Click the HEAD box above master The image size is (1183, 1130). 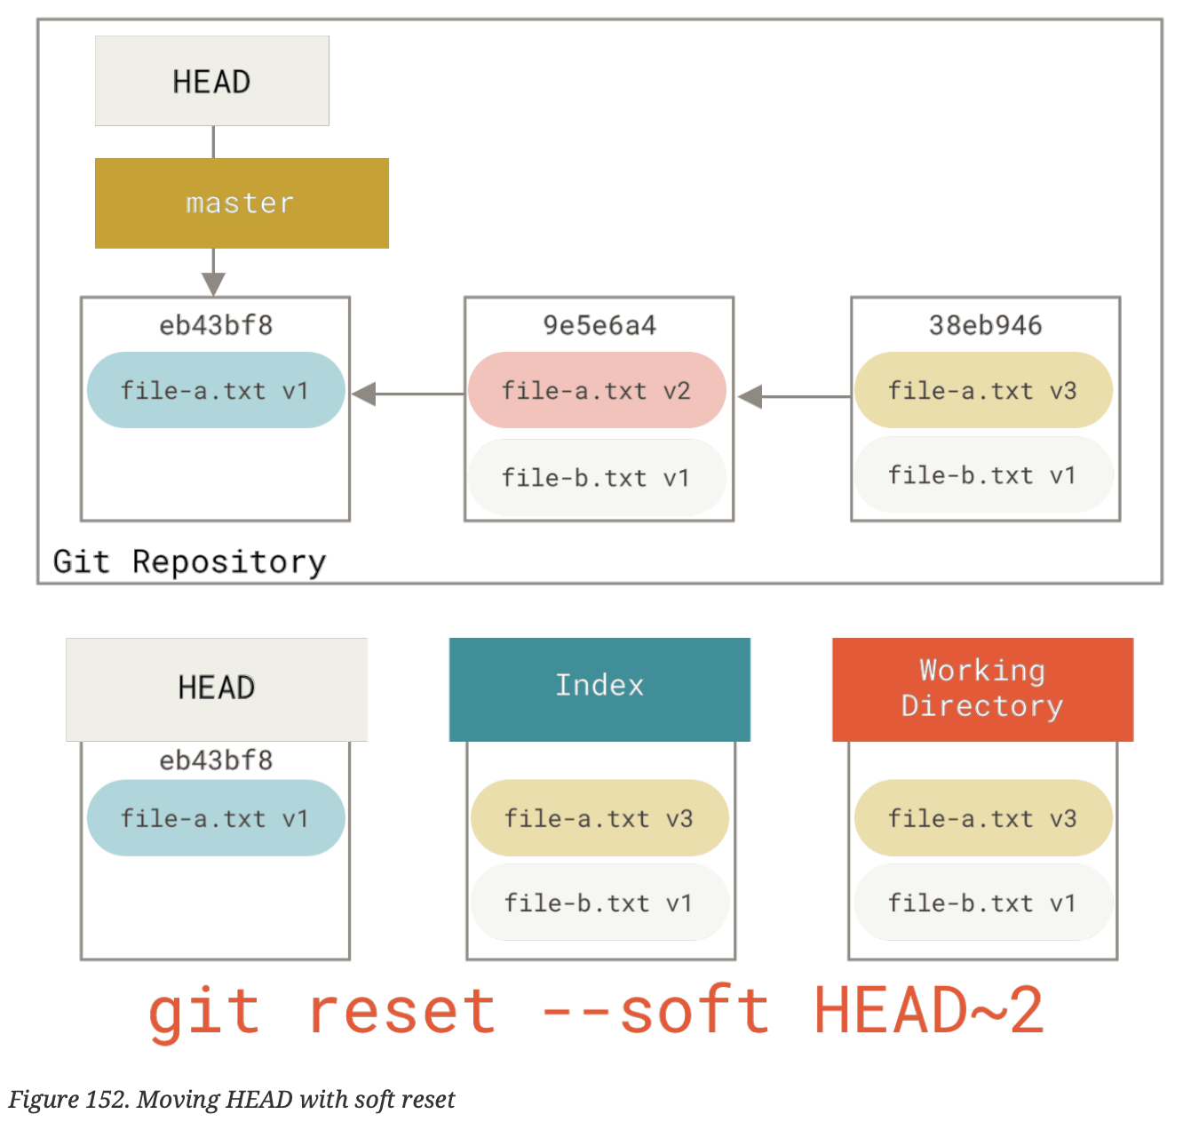(211, 81)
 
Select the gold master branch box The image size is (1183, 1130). (242, 203)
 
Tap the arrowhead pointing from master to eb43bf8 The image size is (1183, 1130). (213, 283)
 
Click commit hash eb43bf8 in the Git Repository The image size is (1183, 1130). (216, 325)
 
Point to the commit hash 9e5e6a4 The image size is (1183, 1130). (599, 325)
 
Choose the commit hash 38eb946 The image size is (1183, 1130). (985, 325)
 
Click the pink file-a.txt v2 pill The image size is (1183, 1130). (597, 391)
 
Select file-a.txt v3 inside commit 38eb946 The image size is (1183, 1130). (983, 391)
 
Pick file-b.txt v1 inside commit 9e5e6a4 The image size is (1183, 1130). (597, 478)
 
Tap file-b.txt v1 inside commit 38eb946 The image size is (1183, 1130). (983, 475)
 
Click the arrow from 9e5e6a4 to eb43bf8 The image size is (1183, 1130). (409, 394)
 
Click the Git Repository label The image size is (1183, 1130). (189, 561)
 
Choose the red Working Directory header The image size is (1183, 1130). (982, 688)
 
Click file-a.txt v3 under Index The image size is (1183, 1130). (599, 818)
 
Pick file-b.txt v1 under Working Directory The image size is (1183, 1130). (983, 903)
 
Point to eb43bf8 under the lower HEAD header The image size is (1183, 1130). (216, 760)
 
